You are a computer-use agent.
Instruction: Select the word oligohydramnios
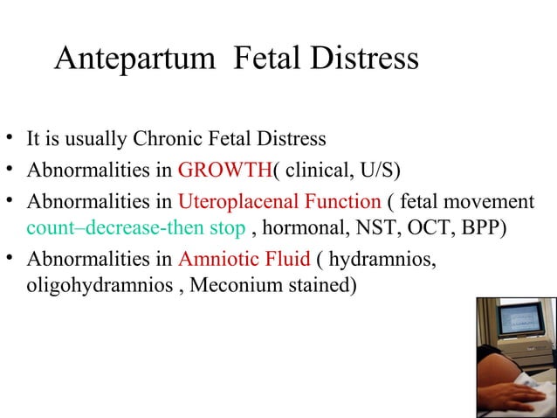point(81,285)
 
